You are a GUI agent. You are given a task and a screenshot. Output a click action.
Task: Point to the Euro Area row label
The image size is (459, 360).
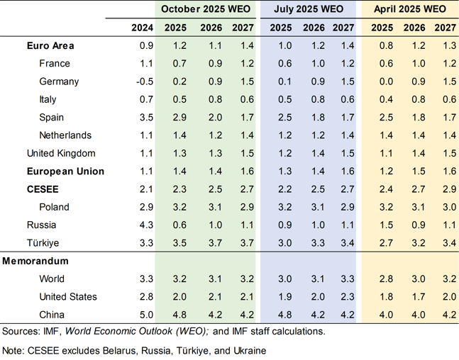50,46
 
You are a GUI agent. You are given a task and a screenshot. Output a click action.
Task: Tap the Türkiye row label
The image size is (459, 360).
45,242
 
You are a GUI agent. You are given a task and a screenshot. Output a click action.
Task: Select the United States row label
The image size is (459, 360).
68,296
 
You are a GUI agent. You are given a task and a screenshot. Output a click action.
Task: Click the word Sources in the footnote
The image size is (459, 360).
22,331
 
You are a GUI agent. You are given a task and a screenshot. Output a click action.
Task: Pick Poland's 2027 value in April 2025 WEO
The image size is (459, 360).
445,207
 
